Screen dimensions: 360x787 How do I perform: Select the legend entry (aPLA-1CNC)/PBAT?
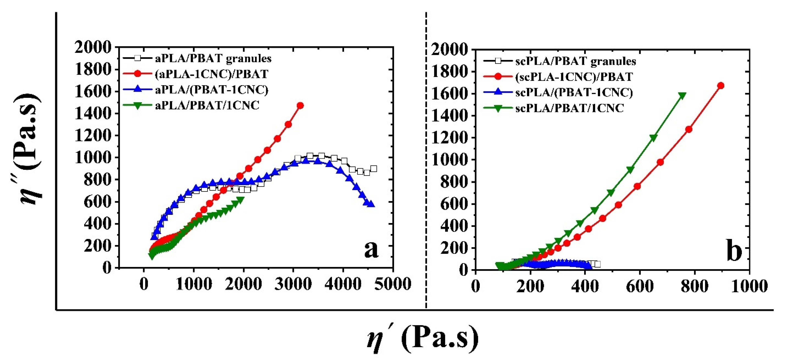pos(212,74)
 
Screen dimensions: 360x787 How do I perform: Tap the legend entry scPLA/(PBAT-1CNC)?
pos(574,92)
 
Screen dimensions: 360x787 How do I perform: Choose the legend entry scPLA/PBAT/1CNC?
pos(569,108)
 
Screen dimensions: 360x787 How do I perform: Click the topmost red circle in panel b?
pos(721,86)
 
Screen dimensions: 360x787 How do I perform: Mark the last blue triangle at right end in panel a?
pos(371,204)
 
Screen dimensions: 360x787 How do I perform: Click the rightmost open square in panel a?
pos(373,169)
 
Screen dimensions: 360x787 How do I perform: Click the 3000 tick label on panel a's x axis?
pos(293,284)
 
